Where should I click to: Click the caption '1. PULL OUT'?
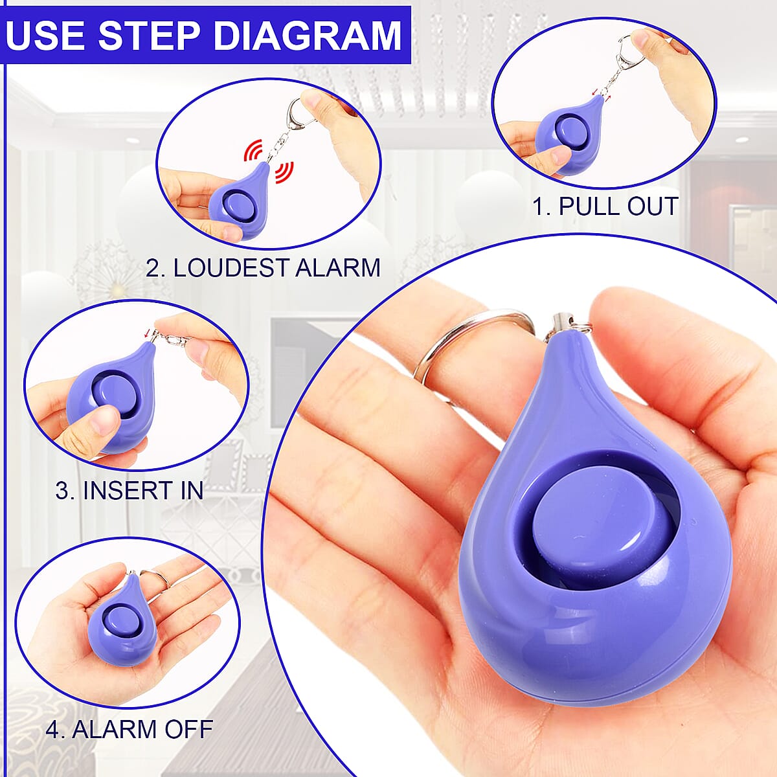tap(605, 207)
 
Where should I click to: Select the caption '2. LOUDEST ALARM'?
tap(263, 267)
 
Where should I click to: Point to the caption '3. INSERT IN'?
tap(129, 491)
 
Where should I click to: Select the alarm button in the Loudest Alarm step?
tap(240, 207)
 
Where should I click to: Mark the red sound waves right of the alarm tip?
tap(285, 173)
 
